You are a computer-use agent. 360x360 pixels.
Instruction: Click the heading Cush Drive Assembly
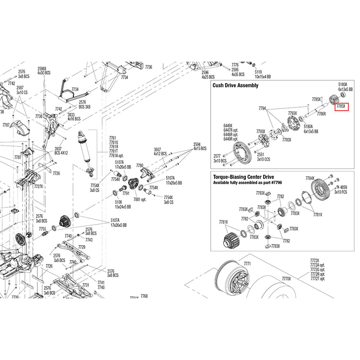(235, 85)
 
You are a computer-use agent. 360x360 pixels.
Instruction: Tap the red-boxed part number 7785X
(342, 107)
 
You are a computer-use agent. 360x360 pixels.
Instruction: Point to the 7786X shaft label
(321, 114)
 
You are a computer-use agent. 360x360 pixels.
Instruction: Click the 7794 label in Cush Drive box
(262, 109)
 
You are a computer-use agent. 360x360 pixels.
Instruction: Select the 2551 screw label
(261, 155)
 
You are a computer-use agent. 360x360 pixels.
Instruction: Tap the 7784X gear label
(310, 178)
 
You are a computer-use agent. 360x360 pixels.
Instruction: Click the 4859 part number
(343, 187)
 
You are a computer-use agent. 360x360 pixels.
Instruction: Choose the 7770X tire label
(287, 278)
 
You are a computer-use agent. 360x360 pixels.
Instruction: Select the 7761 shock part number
(113, 137)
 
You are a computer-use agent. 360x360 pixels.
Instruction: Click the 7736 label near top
(148, 67)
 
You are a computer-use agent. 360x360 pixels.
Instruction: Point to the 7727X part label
(38, 186)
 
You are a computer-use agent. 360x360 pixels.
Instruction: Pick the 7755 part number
(42, 229)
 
